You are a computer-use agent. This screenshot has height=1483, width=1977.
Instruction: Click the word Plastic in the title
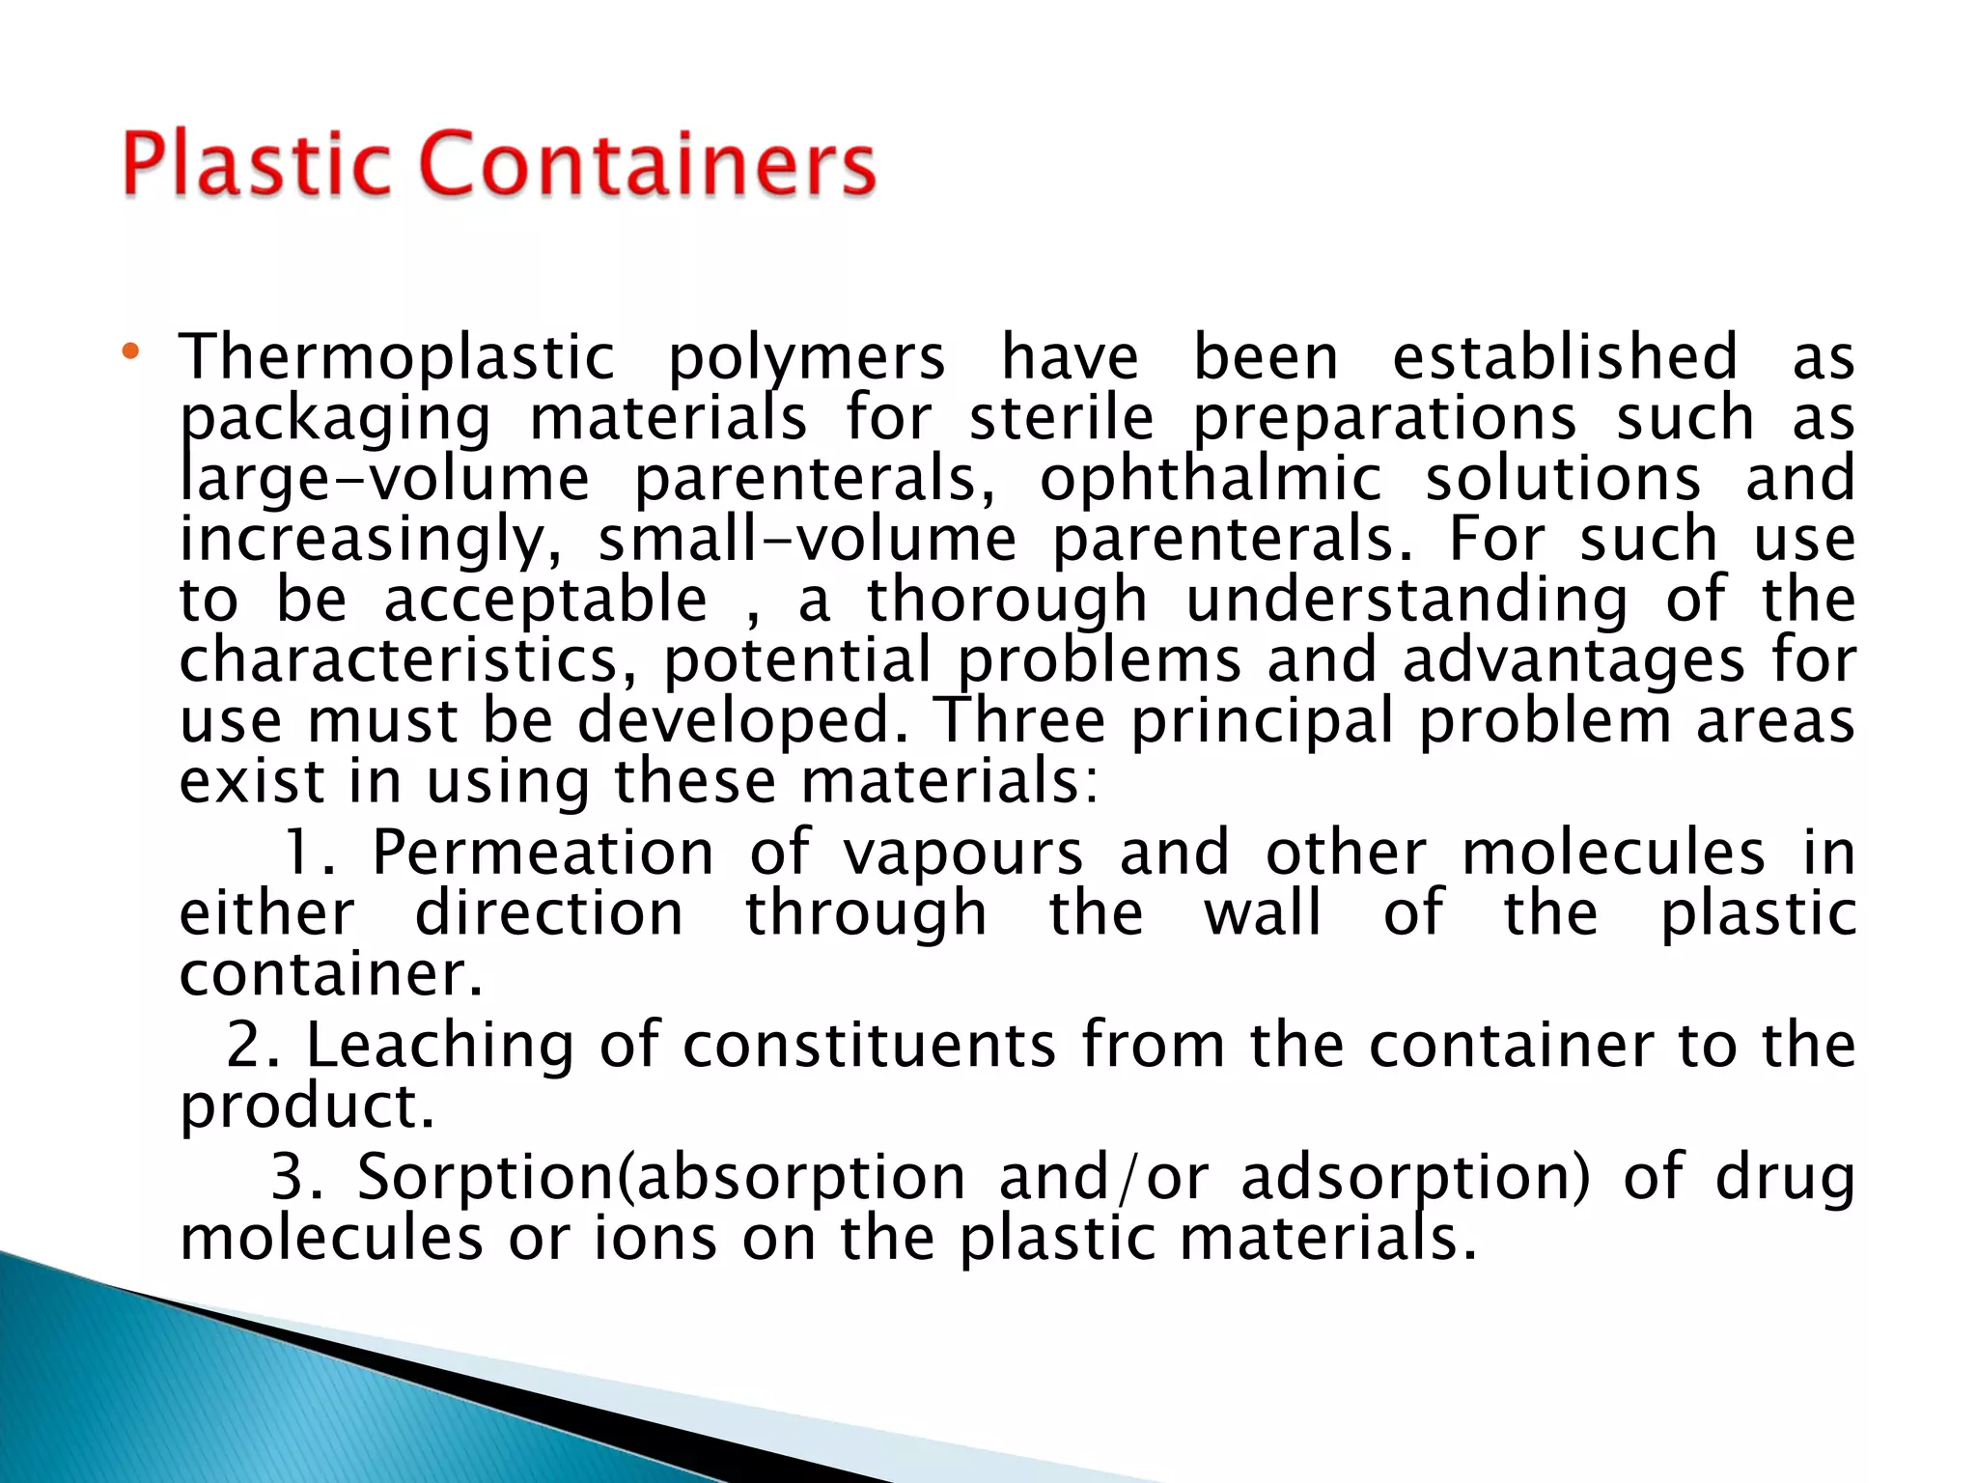257,164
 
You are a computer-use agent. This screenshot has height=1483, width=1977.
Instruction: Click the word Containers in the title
649,164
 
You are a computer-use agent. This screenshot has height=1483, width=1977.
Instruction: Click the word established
1565,357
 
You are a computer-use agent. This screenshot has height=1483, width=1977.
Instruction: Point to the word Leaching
440,1047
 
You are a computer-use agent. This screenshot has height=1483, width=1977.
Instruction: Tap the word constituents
870,1047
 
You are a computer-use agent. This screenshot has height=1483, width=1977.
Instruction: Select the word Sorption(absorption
661,1180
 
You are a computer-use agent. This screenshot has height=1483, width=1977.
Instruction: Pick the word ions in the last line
654,1240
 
